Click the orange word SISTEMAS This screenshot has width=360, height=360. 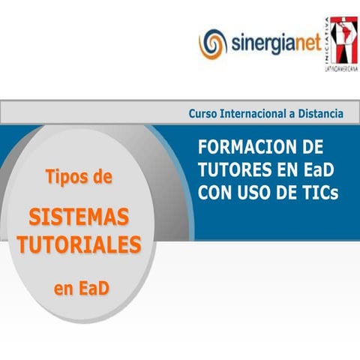(x=79, y=218)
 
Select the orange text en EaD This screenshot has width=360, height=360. (x=80, y=289)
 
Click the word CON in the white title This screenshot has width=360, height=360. (x=215, y=193)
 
